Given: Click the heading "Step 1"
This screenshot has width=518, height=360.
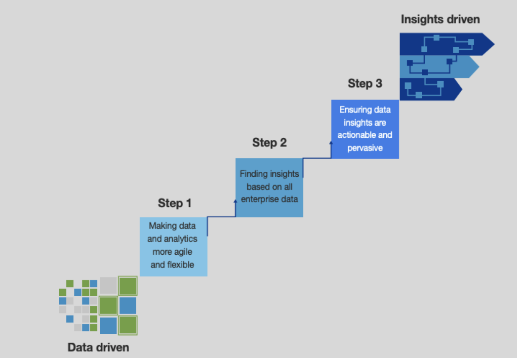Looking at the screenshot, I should point(174,203).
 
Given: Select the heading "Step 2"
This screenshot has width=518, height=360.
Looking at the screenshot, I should point(269,143).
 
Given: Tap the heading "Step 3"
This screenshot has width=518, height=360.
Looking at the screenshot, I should point(365,83).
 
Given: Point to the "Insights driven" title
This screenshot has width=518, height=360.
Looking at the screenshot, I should point(440,19).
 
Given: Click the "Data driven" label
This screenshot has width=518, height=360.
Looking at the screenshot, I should point(98,347).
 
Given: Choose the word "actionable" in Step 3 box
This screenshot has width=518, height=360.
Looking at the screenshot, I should point(365,135).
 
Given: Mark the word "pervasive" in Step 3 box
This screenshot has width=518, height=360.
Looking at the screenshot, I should point(365,148).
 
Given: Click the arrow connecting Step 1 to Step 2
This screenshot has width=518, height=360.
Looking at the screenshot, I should point(222,216).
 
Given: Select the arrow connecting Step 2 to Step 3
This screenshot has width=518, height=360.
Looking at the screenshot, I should point(317,158).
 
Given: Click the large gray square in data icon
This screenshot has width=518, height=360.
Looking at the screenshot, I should point(109,285).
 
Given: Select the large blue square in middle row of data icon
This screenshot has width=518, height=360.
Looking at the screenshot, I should point(128,306).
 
